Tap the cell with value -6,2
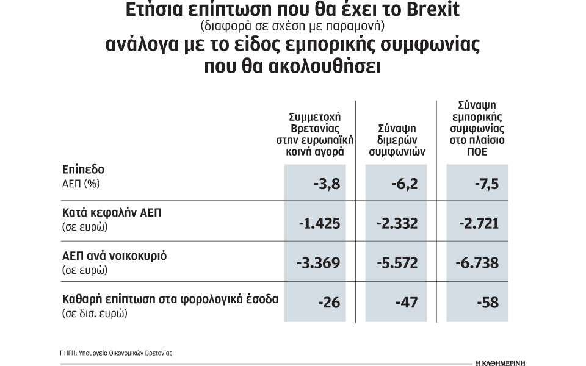point(402,183)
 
